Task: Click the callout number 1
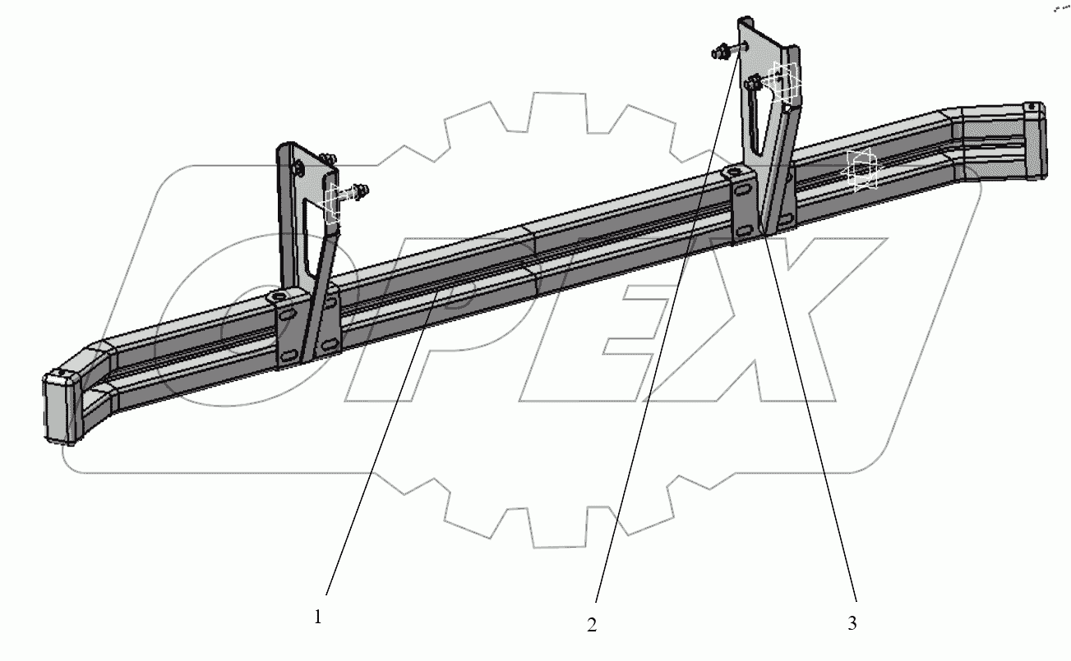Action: click(318, 617)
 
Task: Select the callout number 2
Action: click(591, 625)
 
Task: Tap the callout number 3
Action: click(852, 623)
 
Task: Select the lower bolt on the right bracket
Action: click(754, 82)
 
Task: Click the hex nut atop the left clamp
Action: click(279, 296)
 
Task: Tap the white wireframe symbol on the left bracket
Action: click(331, 203)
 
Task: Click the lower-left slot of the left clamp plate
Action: click(289, 354)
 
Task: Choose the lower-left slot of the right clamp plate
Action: click(741, 230)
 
